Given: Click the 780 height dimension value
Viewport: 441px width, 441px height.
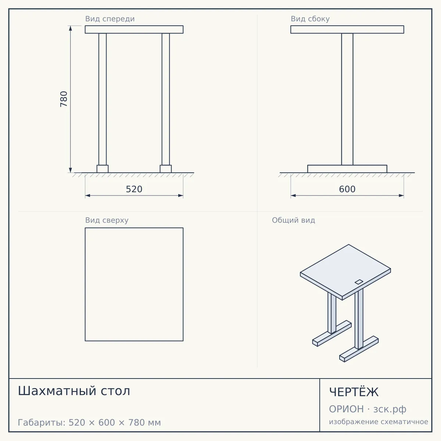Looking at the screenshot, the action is pyautogui.click(x=64, y=99).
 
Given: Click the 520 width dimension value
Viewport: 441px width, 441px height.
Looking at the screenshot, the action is pyautogui.click(x=134, y=189).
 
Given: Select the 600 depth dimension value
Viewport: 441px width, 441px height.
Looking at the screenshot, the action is pyautogui.click(x=347, y=189).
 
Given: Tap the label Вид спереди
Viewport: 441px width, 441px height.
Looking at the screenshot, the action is pyautogui.click(x=110, y=19).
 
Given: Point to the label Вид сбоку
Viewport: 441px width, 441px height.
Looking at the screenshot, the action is pyautogui.click(x=310, y=19).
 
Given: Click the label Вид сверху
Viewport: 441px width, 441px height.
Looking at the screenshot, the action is pyautogui.click(x=107, y=220).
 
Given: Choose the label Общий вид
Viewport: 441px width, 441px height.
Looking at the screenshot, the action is pyautogui.click(x=293, y=220).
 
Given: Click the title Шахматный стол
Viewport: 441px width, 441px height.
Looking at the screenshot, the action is pyautogui.click(x=74, y=391).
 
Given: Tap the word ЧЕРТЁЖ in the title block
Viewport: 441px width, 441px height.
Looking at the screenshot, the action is pyautogui.click(x=354, y=392).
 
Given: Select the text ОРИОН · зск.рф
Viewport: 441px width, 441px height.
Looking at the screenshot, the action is pyautogui.click(x=367, y=409).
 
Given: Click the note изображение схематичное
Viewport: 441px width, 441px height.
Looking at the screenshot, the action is pyautogui.click(x=379, y=422).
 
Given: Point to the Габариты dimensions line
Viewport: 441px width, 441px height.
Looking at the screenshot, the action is pyautogui.click(x=89, y=423).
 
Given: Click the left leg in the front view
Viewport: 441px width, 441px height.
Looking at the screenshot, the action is pyautogui.click(x=103, y=99).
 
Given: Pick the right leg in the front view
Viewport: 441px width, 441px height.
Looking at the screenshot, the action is pyautogui.click(x=166, y=99).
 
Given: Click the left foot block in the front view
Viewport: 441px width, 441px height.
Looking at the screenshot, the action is pyautogui.click(x=103, y=169).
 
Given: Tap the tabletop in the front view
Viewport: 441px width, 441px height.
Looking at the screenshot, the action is pyautogui.click(x=134, y=29).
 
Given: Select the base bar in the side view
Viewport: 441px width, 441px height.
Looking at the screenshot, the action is pyautogui.click(x=347, y=169).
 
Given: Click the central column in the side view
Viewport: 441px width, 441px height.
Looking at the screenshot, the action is pyautogui.click(x=347, y=99).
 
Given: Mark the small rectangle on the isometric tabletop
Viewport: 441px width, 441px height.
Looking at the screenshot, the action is pyautogui.click(x=359, y=282).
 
